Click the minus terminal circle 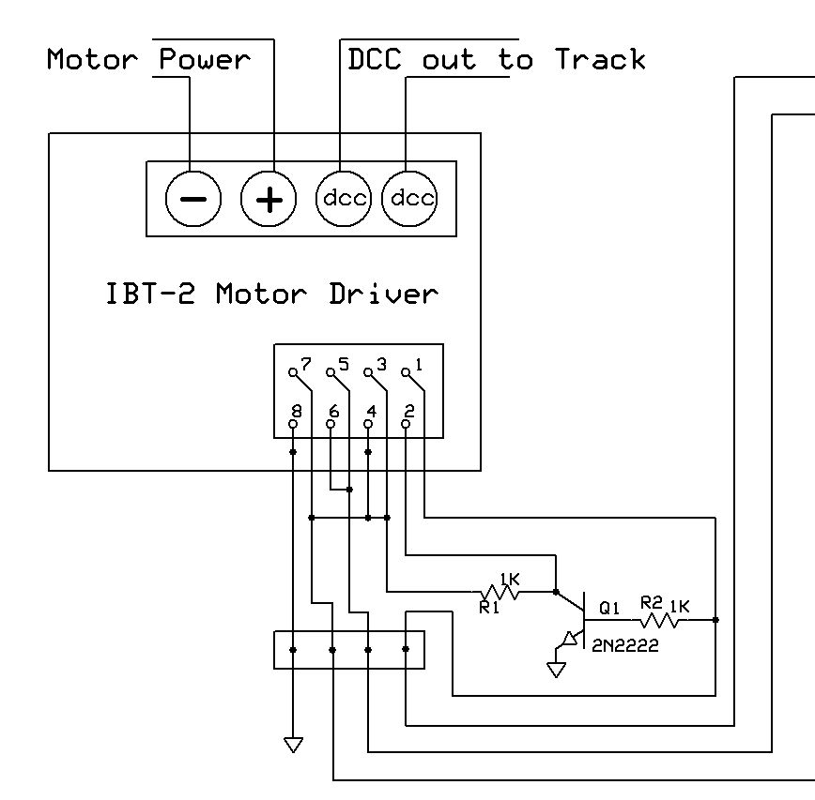[x=193, y=199]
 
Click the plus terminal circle [x=269, y=199]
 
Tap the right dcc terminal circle [x=410, y=199]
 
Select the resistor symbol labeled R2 [x=661, y=621]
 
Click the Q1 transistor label [x=610, y=608]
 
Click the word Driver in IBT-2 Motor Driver [x=384, y=294]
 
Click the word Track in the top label [x=600, y=60]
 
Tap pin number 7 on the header [x=305, y=363]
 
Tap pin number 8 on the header [x=297, y=412]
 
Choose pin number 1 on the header [x=418, y=363]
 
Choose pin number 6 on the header [x=333, y=412]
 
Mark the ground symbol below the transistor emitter [x=556, y=670]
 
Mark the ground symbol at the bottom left [x=293, y=745]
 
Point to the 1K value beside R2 [x=679, y=607]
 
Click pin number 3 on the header [x=380, y=363]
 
